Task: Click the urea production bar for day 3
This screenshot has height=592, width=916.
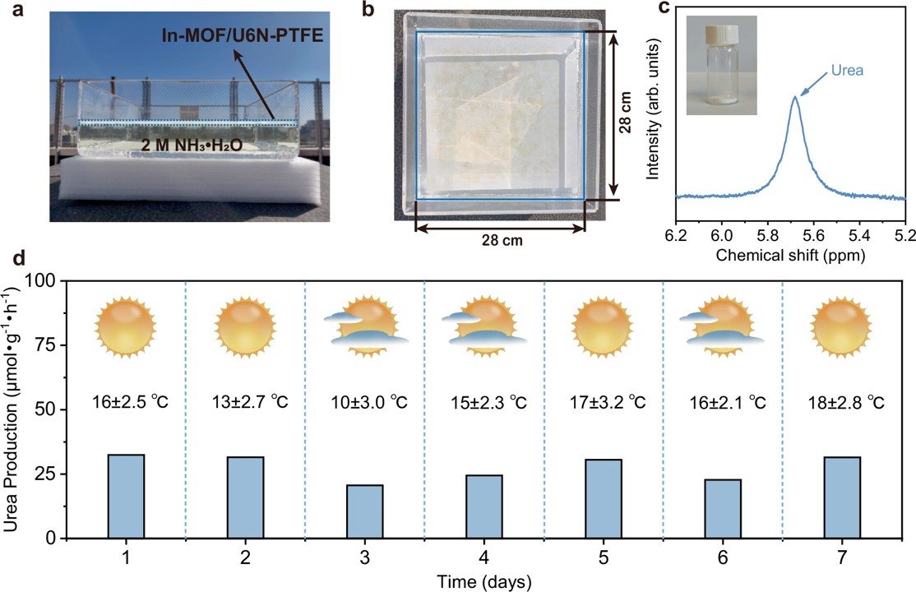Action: coord(364,511)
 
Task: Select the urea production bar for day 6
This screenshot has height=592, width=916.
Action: coord(723,508)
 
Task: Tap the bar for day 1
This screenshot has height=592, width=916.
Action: coord(126,496)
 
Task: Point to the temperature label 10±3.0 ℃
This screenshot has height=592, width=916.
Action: coord(364,404)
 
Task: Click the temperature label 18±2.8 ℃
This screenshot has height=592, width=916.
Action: coord(842,404)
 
